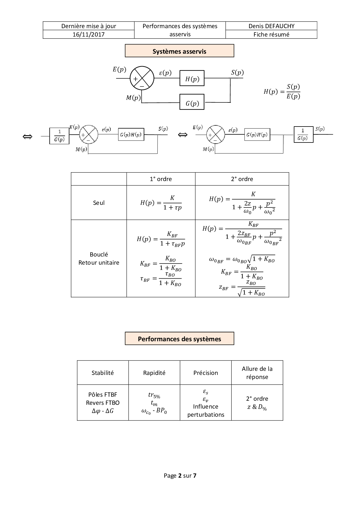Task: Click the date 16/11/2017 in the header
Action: click(89, 35)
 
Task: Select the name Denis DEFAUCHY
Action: click(271, 26)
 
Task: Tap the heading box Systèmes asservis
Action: click(179, 51)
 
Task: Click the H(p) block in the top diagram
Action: click(192, 79)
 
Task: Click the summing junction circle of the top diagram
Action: click(142, 78)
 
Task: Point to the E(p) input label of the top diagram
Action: click(119, 69)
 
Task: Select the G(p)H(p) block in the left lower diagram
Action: click(131, 135)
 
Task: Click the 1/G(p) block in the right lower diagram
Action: click(303, 135)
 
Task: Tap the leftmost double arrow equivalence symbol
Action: click(27, 137)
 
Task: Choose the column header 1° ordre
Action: click(161, 179)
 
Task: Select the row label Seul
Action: click(99, 203)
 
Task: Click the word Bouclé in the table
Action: click(99, 255)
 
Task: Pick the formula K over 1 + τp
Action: click(161, 203)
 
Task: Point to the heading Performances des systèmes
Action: click(179, 339)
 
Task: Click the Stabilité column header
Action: click(102, 373)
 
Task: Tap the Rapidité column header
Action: click(154, 373)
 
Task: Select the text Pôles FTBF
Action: click(102, 395)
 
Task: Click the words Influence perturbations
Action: click(206, 411)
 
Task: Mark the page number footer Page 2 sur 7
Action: click(180, 476)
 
